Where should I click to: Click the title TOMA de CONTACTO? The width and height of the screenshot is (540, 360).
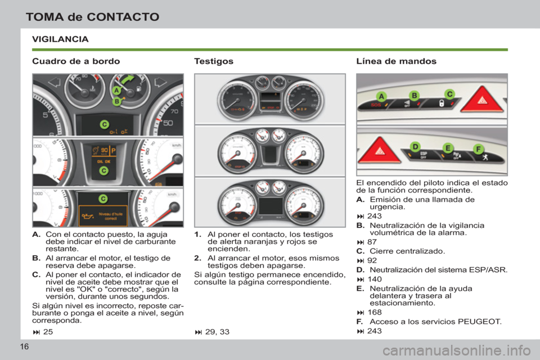point(92,16)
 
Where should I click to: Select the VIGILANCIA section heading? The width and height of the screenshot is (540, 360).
point(60,39)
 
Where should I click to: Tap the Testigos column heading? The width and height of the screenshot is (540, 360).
point(213,60)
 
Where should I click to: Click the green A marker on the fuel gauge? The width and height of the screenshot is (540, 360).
point(116,91)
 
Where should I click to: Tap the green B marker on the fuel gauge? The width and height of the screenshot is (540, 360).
point(116,101)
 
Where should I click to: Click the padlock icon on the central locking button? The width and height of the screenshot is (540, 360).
point(442,105)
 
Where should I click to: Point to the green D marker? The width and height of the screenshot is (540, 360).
point(415,146)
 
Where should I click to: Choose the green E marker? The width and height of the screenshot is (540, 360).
point(448,148)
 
